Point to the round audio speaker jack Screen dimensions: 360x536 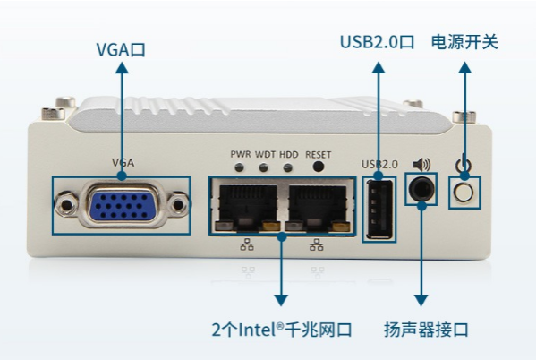click(x=421, y=190)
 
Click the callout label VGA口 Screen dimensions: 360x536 click(x=121, y=50)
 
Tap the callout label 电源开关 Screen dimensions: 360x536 click(x=464, y=42)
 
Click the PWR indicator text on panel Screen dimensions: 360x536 click(x=241, y=154)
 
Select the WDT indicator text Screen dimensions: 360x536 click(x=266, y=154)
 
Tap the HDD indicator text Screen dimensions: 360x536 click(x=288, y=154)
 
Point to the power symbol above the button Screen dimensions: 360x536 click(x=463, y=165)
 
